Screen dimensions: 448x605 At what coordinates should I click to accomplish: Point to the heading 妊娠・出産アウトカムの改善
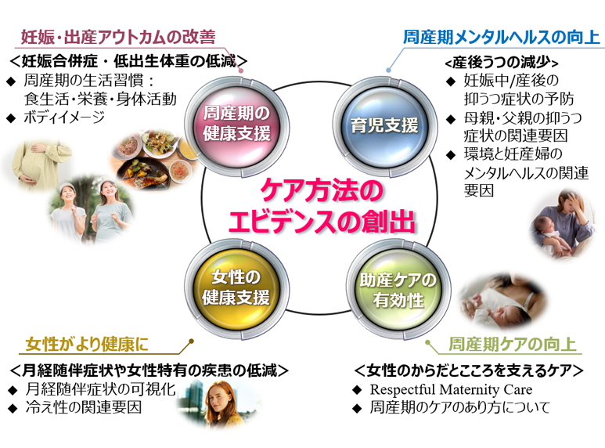(117, 37)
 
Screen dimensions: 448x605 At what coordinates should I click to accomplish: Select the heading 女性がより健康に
(86, 345)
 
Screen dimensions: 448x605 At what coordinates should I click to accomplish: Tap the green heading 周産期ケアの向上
(512, 345)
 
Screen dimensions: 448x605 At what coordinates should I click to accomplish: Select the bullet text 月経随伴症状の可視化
(97, 389)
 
